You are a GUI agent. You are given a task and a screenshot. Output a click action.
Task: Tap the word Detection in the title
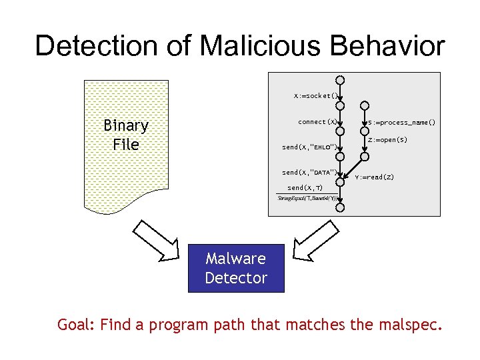pyautogui.click(x=105, y=45)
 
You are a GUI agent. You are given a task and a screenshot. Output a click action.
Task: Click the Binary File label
pyautogui.click(x=126, y=135)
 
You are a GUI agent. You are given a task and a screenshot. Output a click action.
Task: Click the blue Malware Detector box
pyautogui.click(x=236, y=269)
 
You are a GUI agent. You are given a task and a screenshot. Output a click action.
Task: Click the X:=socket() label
pyautogui.click(x=315, y=95)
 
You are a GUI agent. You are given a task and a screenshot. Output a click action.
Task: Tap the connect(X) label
pyautogui.click(x=317, y=122)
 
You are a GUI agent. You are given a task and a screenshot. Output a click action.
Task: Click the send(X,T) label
pyautogui.click(x=305, y=187)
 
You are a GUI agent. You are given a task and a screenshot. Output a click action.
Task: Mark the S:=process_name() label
pyautogui.click(x=402, y=123)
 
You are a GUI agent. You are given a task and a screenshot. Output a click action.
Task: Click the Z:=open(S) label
pyautogui.click(x=387, y=140)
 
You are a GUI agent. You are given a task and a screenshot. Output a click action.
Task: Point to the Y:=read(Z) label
pyautogui.click(x=374, y=177)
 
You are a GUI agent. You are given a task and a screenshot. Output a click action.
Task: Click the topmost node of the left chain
pyautogui.click(x=340, y=80)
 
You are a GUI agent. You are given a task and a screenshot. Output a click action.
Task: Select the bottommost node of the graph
pyautogui.click(x=340, y=207)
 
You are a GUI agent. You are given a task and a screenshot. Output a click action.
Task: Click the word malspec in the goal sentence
pyautogui.click(x=407, y=325)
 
